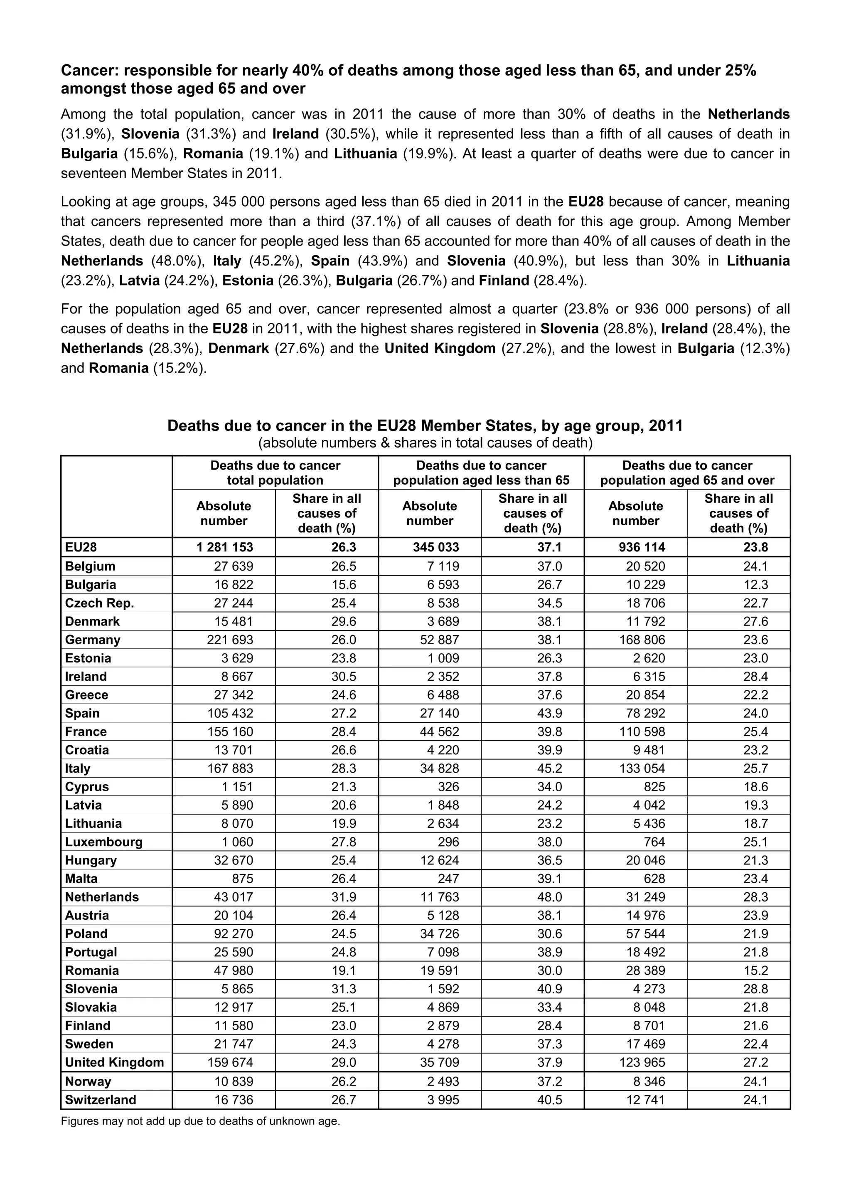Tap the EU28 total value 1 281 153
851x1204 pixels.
click(x=224, y=547)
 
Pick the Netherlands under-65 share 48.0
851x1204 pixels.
click(x=549, y=897)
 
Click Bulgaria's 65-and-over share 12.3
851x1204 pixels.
click(x=755, y=585)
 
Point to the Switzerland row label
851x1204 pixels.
click(x=100, y=1100)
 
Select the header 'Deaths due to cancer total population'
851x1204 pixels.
click(x=275, y=473)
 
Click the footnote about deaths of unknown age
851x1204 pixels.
click(x=200, y=1122)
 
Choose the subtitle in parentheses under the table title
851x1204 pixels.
click(x=425, y=443)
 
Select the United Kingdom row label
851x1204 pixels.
click(x=114, y=1062)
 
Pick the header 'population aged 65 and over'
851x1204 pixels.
click(x=687, y=480)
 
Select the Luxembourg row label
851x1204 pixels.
click(x=103, y=842)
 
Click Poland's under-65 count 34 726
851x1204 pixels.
click(x=439, y=934)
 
